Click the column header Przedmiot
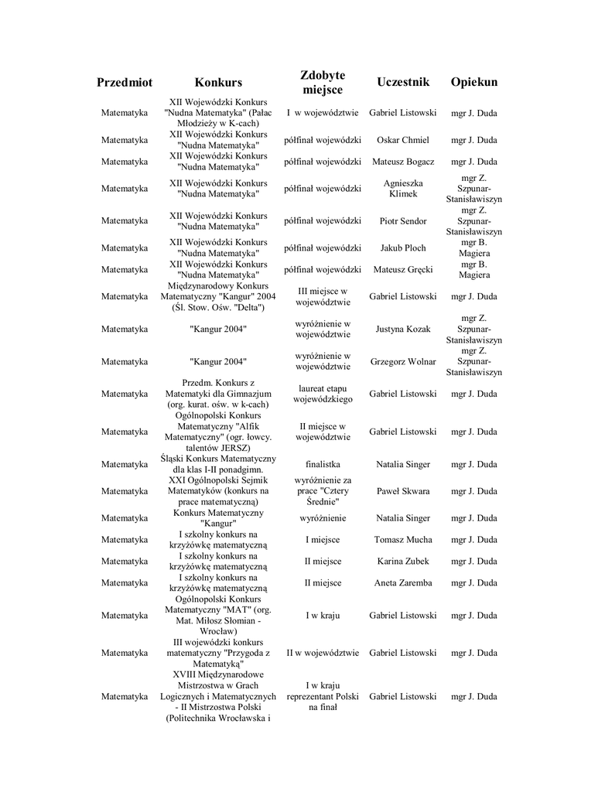click(x=125, y=82)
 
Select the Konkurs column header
click(x=218, y=82)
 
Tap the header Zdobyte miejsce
click(x=323, y=82)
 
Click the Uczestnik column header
click(x=402, y=82)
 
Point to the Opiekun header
click(x=474, y=82)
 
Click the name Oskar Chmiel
click(x=402, y=140)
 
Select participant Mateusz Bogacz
click(x=402, y=162)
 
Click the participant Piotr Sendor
click(x=402, y=221)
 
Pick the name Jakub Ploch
click(x=402, y=248)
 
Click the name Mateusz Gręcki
click(x=402, y=270)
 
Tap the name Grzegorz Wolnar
click(x=402, y=361)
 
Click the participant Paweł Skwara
click(x=402, y=491)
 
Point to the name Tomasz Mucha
click(x=402, y=540)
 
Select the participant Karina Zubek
click(x=402, y=562)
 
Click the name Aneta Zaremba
click(x=402, y=583)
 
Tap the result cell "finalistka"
click(x=323, y=465)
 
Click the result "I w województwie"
click(x=323, y=113)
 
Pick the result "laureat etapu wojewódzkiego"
click(x=323, y=394)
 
